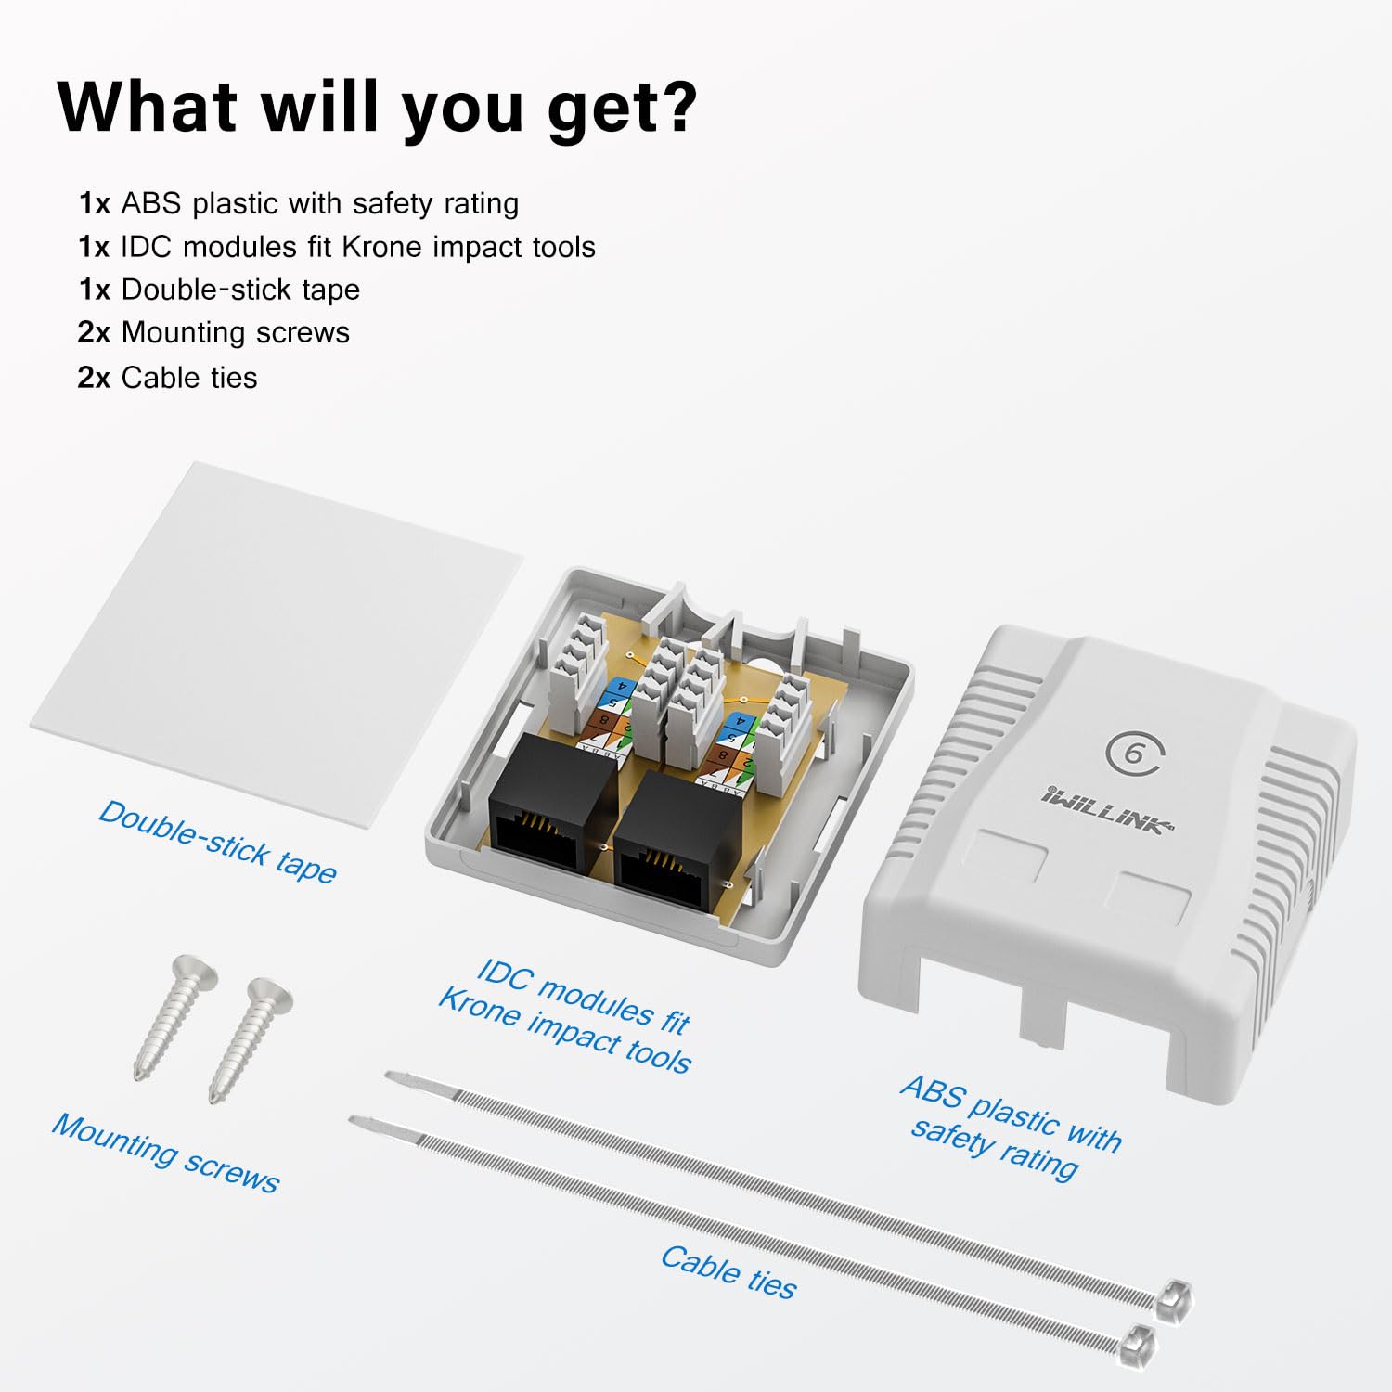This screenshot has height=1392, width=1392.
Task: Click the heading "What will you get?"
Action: pyautogui.click(x=377, y=108)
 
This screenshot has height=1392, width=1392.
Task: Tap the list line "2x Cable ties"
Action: pyautogui.click(x=168, y=378)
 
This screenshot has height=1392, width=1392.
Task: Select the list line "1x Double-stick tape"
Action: pyautogui.click(x=219, y=290)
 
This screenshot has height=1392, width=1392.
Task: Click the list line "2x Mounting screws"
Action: pyautogui.click(x=214, y=332)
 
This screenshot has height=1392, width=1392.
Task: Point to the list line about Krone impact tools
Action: pyautogui.click(x=337, y=247)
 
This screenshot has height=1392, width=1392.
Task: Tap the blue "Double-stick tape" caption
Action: pyautogui.click(x=218, y=842)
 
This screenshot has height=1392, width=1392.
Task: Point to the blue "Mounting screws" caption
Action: pyautogui.click(x=165, y=1154)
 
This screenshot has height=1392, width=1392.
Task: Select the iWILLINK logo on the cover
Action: pyautogui.click(x=1106, y=809)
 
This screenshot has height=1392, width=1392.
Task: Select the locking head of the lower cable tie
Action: pyautogui.click(x=1139, y=1342)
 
